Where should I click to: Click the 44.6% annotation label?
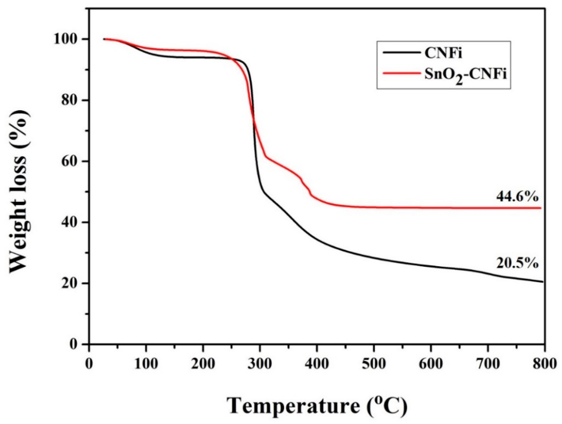pyautogui.click(x=516, y=197)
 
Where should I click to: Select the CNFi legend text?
pyautogui.click(x=443, y=54)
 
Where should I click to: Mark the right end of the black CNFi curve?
pyautogui.click(x=543, y=282)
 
